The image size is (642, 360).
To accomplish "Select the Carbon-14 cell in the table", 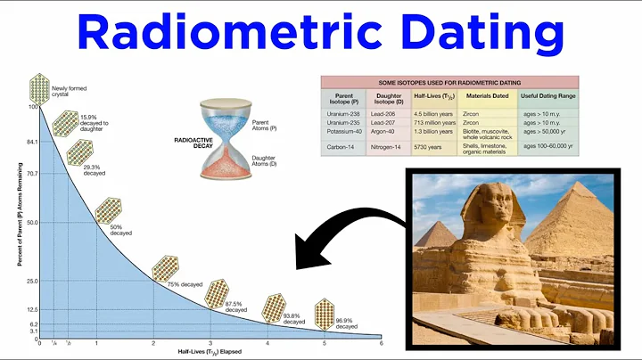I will click(343, 145).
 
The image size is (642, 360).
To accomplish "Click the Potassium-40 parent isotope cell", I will click(343, 128).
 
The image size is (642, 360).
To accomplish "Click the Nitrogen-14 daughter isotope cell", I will click(391, 145).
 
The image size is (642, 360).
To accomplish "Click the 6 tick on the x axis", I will click(382, 343).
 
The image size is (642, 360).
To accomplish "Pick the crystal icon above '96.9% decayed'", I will click(325, 311).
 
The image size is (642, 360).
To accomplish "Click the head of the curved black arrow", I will click(300, 264).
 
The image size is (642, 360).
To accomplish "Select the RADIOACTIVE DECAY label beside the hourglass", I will click(184, 143).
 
